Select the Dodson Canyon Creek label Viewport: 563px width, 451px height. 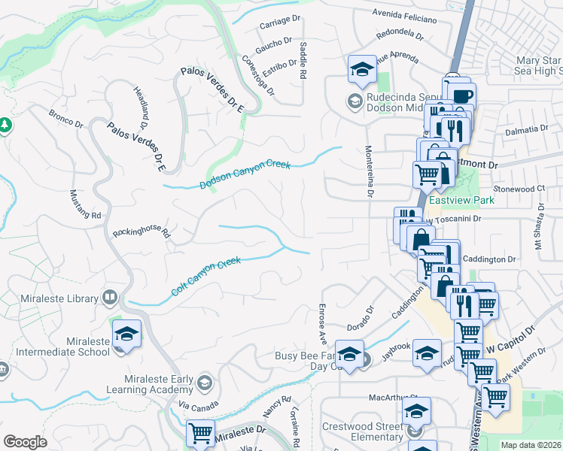tap(245, 174)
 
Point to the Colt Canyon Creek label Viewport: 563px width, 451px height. tap(205, 276)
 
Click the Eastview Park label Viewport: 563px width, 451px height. tap(451, 201)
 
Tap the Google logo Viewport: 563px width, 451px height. tap(25, 442)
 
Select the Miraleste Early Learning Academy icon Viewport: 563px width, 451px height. tap(203, 384)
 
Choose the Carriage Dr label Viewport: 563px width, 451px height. tap(280, 24)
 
